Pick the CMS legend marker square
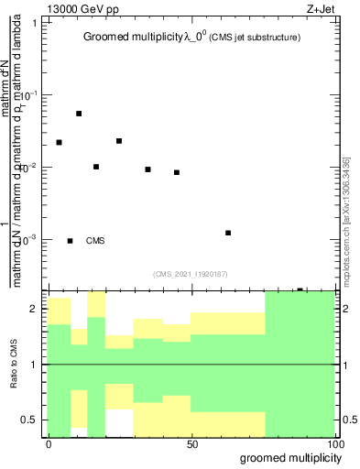71,241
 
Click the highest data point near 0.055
79,114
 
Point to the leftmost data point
59,142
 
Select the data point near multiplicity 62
228,233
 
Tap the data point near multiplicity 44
177,172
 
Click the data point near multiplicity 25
119,141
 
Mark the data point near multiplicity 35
147,169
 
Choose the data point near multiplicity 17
96,167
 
